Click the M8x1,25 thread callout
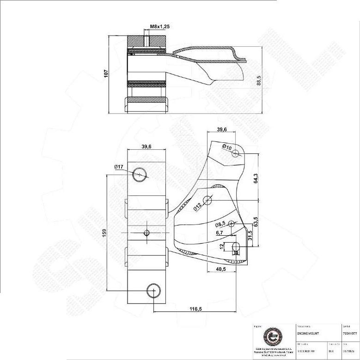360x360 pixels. (x=160, y=27)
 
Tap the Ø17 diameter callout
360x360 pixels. (x=118, y=167)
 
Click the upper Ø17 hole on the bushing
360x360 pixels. (x=140, y=174)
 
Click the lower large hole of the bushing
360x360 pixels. (x=153, y=291)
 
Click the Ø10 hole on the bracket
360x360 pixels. (x=236, y=153)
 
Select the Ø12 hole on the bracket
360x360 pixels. (x=207, y=200)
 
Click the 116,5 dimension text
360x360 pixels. (x=195, y=309)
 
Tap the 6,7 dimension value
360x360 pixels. (x=220, y=233)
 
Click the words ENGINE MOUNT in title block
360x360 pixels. (x=307, y=333)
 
